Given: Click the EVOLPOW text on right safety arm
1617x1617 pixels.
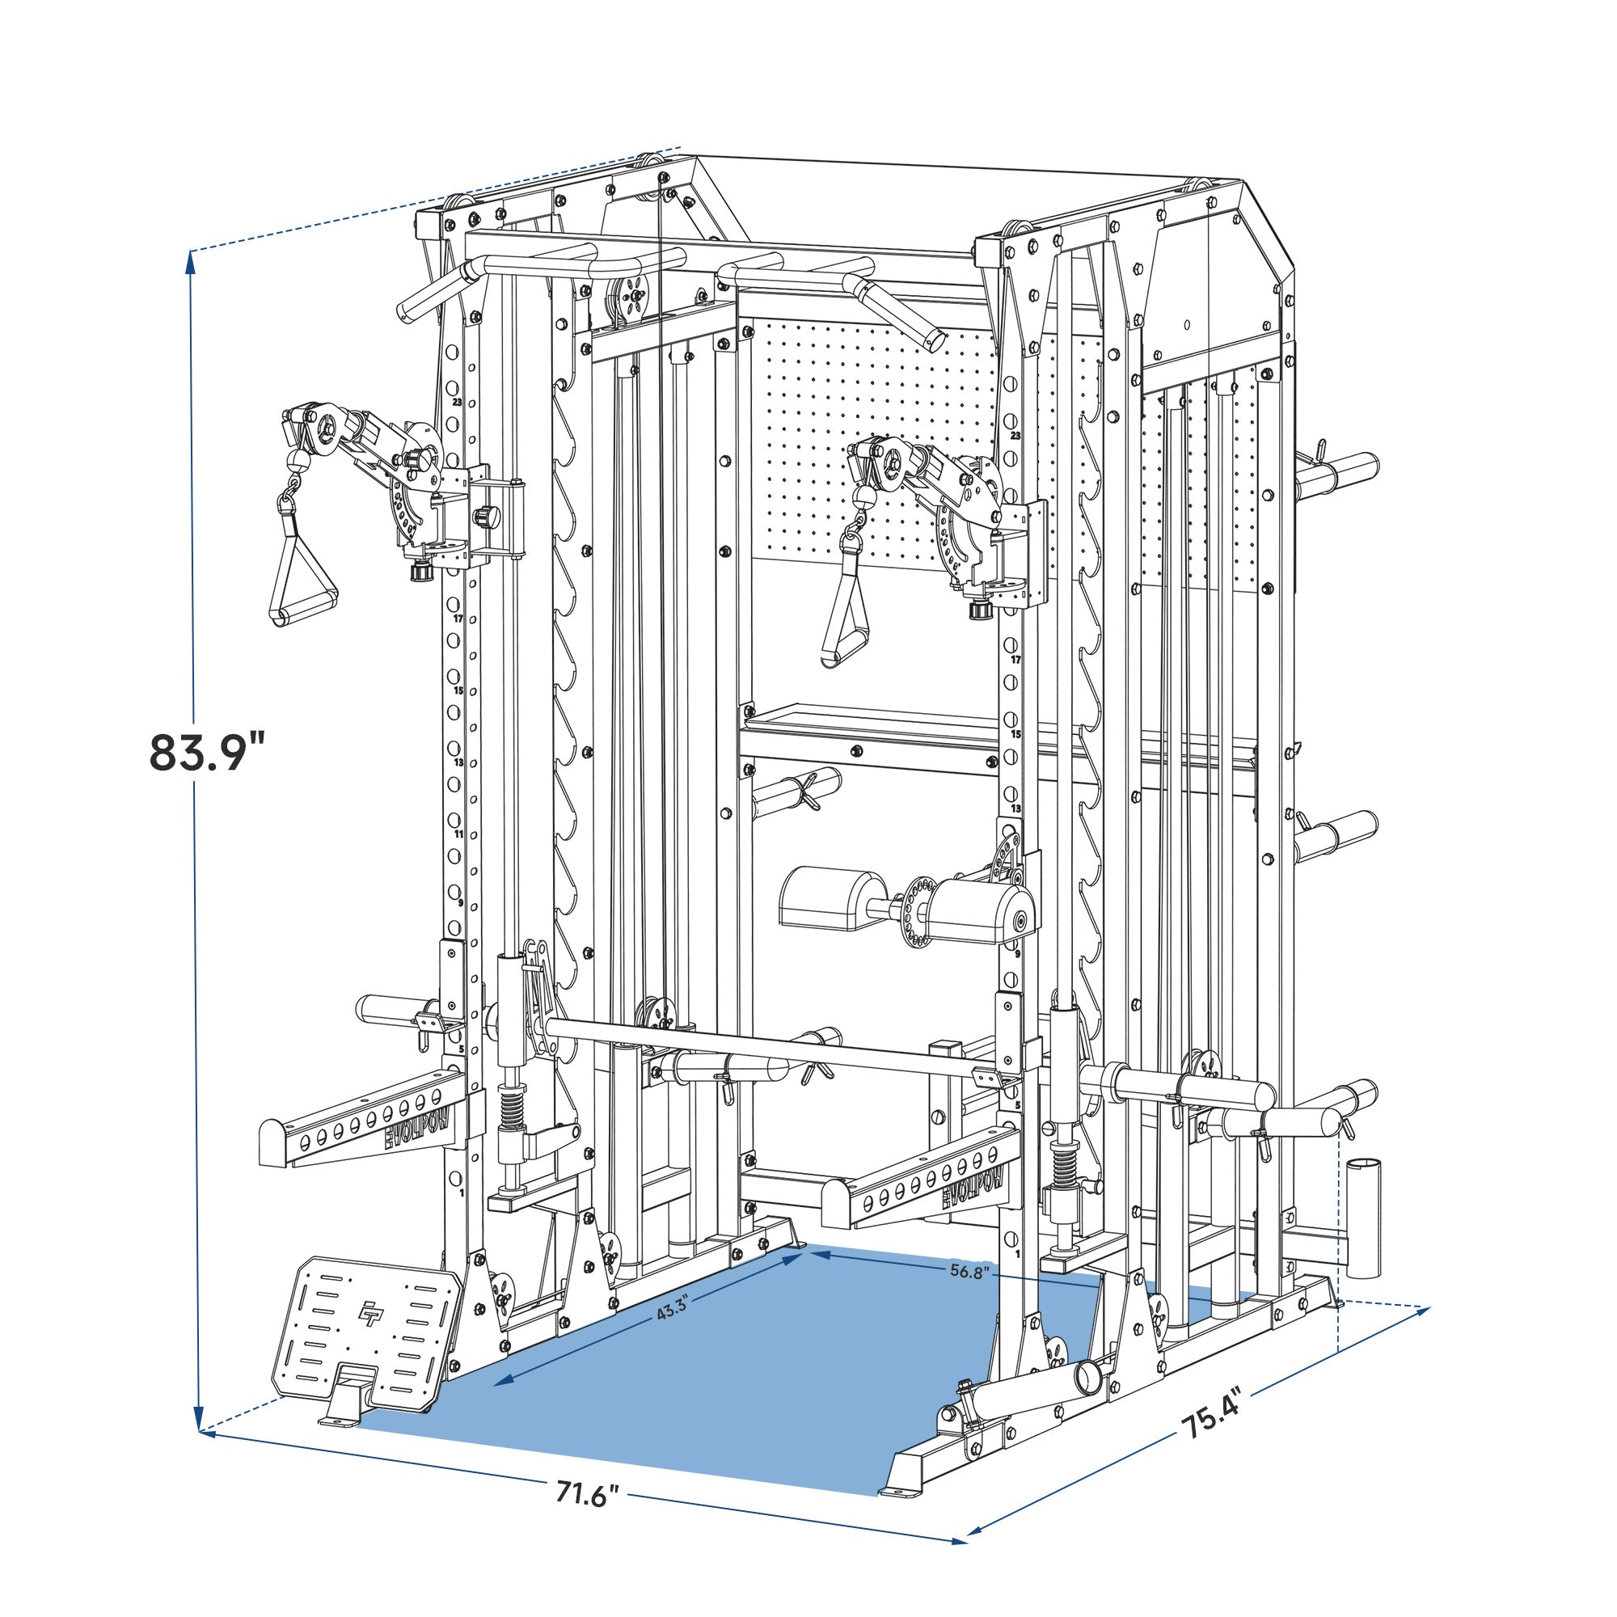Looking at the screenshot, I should [x=976, y=1187].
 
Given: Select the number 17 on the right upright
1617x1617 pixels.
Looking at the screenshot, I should [x=1016, y=661].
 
